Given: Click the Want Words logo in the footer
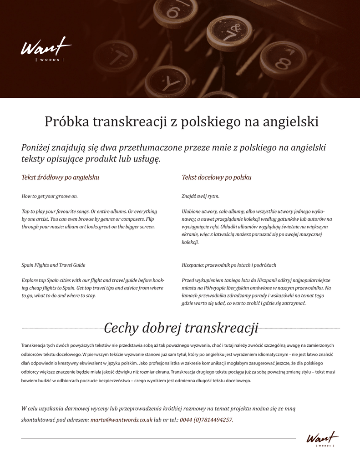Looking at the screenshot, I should click(x=322, y=439).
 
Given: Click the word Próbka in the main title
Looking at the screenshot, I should click(x=67, y=122).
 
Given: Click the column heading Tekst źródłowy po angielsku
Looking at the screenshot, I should click(x=60, y=177).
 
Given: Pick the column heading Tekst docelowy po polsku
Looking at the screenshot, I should click(x=216, y=177).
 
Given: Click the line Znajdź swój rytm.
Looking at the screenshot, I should click(x=200, y=196).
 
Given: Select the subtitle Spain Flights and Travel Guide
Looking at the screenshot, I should click(x=53, y=265).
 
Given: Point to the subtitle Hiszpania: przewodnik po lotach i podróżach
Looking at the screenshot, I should click(x=229, y=265).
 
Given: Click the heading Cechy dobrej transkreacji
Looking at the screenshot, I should click(x=181, y=328).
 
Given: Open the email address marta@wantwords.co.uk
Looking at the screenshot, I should click(x=121, y=420).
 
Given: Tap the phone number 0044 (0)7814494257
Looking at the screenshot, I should click(x=206, y=420).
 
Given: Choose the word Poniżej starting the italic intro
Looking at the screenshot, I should click(x=35, y=147).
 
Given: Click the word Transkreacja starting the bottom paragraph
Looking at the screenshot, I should click(x=34, y=345).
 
